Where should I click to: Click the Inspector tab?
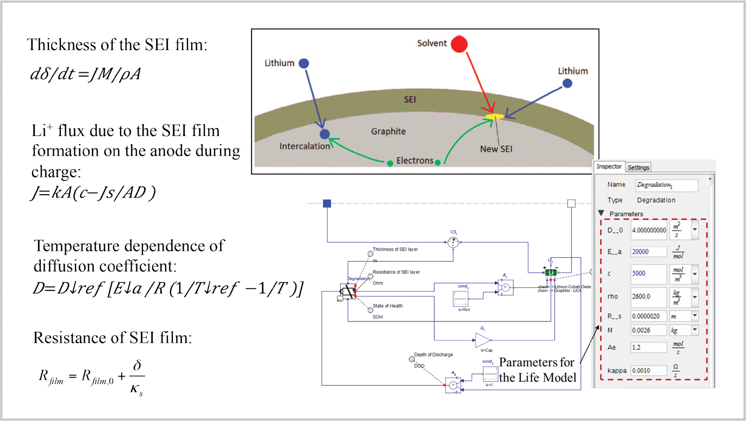[x=609, y=166]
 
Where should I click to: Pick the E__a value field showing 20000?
[x=648, y=251]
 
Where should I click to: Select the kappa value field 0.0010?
[x=648, y=370]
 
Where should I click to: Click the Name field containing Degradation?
[x=667, y=185]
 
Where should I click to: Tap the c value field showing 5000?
[x=648, y=274]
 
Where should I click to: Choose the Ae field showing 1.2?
[x=648, y=346]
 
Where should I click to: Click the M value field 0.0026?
[x=648, y=330]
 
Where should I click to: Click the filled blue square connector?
[x=327, y=203]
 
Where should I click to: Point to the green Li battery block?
[x=551, y=271]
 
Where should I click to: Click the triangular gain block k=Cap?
[x=482, y=340]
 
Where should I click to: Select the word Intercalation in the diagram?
[x=305, y=146]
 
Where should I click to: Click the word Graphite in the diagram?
[x=388, y=131]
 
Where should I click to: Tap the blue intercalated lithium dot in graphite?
[x=324, y=134]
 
